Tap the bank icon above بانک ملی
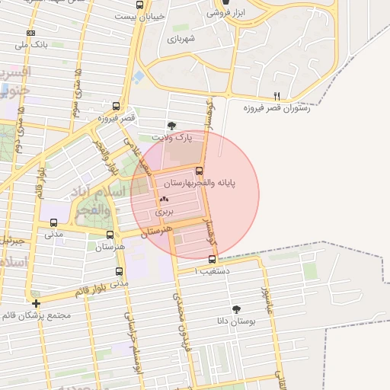30,34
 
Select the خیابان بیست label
138,15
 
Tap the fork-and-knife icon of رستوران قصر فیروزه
277,97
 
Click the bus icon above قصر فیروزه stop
116,107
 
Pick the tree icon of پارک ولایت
171,126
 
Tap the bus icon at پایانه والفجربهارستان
200,171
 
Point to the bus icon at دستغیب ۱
212,259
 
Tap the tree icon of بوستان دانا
236,308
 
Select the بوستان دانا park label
236,321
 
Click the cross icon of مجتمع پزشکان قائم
37,303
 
